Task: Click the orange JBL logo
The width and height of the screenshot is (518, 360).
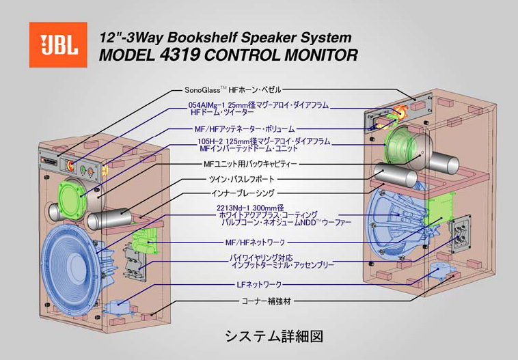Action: click(x=58, y=44)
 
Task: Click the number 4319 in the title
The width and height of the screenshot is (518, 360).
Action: click(x=180, y=55)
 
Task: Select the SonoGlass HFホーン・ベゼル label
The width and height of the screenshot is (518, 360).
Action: click(x=232, y=89)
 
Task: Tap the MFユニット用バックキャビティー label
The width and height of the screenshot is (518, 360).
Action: click(x=249, y=164)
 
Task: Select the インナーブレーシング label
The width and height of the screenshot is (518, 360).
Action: click(x=243, y=193)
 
